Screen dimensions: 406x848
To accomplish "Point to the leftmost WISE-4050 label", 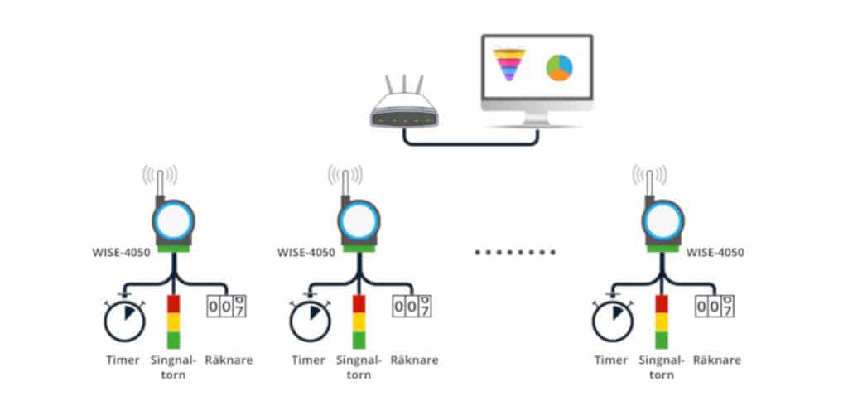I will click(123, 253).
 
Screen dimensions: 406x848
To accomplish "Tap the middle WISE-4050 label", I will click(307, 253).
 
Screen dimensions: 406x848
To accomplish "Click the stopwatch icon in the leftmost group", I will click(124, 321).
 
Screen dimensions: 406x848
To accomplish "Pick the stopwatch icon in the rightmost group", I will click(613, 321).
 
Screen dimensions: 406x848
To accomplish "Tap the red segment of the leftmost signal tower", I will click(173, 303).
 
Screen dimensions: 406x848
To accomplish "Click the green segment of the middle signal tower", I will click(359, 340).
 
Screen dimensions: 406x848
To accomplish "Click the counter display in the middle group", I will click(412, 306).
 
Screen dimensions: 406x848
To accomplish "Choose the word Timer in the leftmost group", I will click(123, 360).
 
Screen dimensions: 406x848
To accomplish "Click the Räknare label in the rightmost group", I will click(716, 360).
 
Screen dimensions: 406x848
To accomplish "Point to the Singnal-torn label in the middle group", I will click(359, 366).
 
